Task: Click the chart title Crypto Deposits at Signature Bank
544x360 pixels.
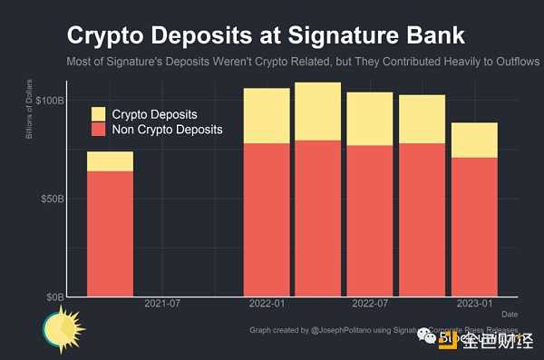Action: pyautogui.click(x=266, y=36)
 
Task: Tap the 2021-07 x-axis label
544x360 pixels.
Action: pyautogui.click(x=162, y=303)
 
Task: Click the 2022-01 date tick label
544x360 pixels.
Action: pyautogui.click(x=267, y=303)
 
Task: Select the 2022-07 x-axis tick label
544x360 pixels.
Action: pyautogui.click(x=370, y=303)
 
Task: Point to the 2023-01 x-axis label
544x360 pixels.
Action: pyautogui.click(x=474, y=303)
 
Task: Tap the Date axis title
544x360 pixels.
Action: pyautogui.click(x=510, y=314)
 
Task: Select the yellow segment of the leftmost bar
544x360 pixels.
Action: pyautogui.click(x=110, y=161)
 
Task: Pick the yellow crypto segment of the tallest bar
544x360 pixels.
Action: pyautogui.click(x=317, y=112)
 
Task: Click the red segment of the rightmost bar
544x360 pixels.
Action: pyautogui.click(x=474, y=227)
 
